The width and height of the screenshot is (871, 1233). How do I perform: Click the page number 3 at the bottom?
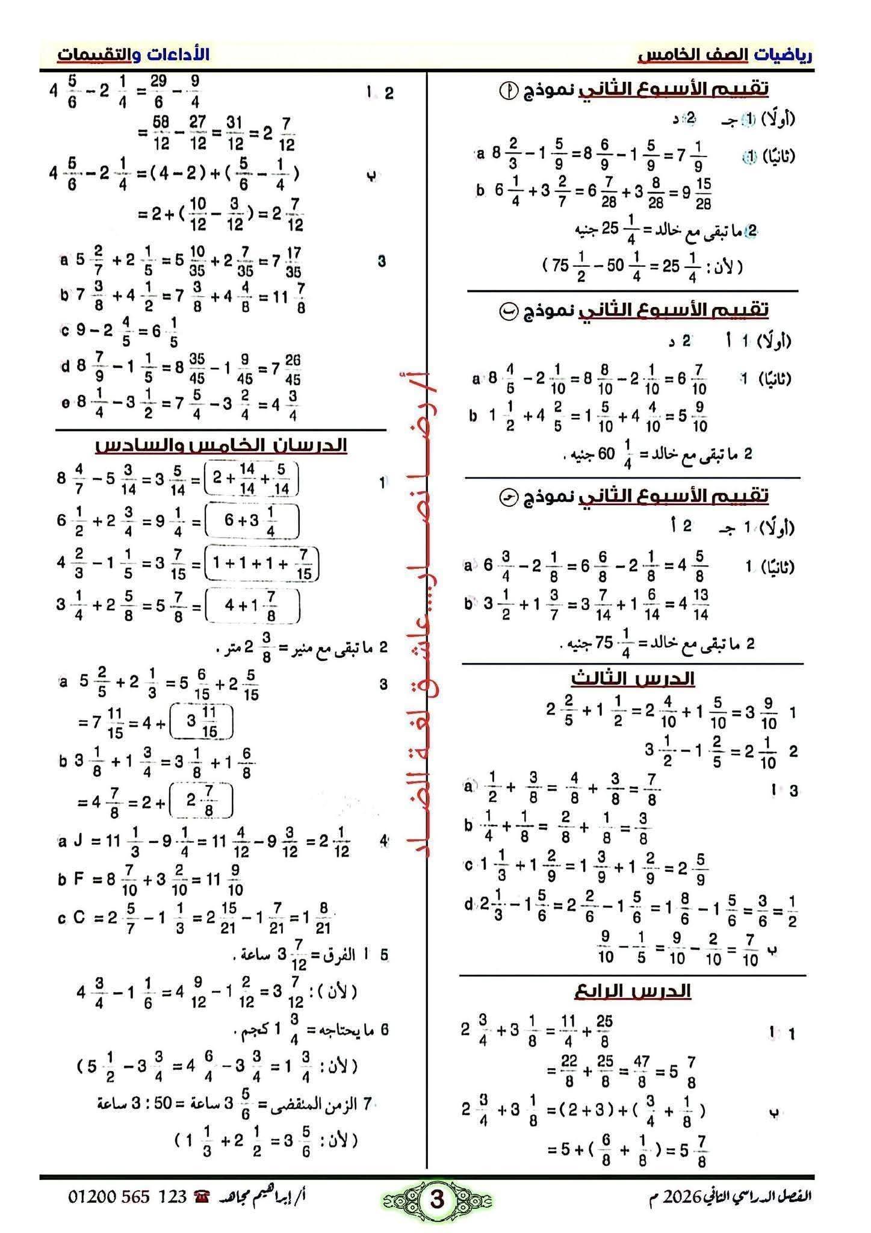pyautogui.click(x=436, y=1199)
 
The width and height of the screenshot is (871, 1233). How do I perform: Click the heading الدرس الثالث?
pyautogui.click(x=633, y=679)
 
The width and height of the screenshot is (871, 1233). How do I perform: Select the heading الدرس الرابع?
pyautogui.click(x=633, y=991)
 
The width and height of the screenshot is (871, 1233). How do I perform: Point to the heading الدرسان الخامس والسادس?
pyautogui.click(x=221, y=445)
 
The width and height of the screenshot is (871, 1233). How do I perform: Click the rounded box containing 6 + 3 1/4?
pyautogui.click(x=252, y=521)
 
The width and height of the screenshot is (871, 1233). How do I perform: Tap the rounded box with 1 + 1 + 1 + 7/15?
pyautogui.click(x=261, y=564)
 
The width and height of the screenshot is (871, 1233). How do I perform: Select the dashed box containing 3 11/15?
pyautogui.click(x=202, y=722)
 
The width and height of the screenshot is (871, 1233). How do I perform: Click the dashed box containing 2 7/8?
pyautogui.click(x=202, y=801)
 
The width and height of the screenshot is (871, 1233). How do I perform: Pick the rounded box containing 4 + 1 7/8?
pyautogui.click(x=252, y=606)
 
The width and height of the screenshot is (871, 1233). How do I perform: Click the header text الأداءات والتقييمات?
pyautogui.click(x=134, y=54)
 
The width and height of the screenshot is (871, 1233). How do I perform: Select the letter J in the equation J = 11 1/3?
pyautogui.click(x=78, y=840)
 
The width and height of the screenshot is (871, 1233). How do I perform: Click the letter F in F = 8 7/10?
pyautogui.click(x=78, y=880)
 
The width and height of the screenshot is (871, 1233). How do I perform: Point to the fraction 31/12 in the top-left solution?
pyautogui.click(x=235, y=134)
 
